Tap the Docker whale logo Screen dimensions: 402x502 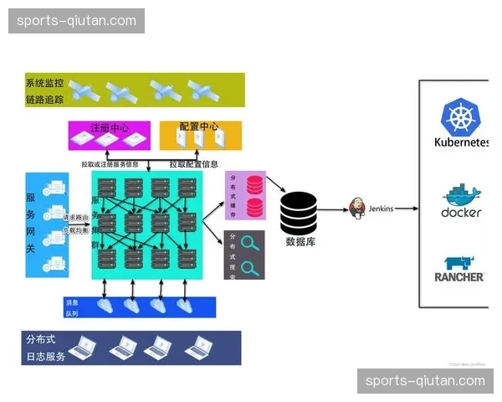461,194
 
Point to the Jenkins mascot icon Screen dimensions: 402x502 358,207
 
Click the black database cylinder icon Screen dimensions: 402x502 299,214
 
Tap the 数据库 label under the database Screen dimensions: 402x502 300,242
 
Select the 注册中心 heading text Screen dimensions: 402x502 110,128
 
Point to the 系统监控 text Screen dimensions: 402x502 44,84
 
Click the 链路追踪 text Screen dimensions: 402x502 44,100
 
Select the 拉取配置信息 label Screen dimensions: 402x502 194,165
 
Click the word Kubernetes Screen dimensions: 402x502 461,142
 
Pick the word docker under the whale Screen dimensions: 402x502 461,212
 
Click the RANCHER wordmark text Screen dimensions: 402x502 459,277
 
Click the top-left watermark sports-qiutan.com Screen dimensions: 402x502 76,21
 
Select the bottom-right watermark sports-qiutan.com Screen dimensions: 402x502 425,381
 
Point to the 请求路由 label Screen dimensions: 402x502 76,218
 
